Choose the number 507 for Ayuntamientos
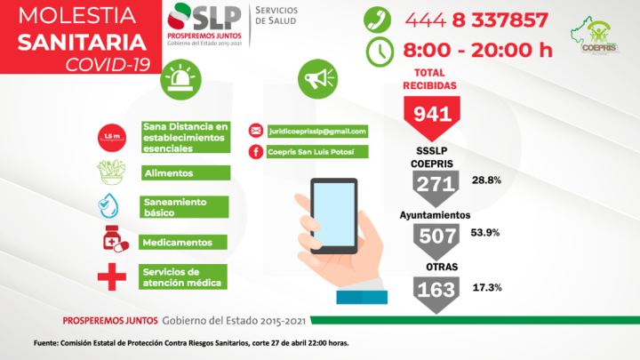[436, 236]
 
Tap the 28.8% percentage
[487, 180]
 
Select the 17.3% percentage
[488, 287]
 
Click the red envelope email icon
[255, 131]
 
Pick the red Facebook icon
[255, 152]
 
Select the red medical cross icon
[112, 276]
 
